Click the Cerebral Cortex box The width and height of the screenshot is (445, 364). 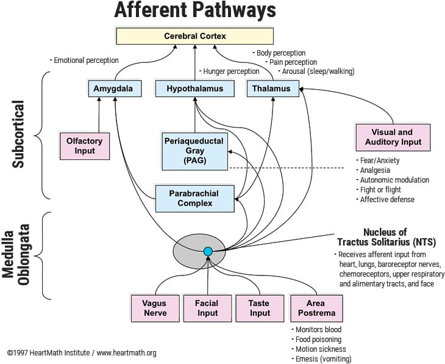pyautogui.click(x=194, y=36)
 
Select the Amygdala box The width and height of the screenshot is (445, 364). pyautogui.click(x=115, y=89)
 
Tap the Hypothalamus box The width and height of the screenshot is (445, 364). pyautogui.click(x=194, y=89)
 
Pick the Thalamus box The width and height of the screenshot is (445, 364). pyautogui.click(x=272, y=89)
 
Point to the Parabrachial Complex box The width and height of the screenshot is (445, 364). pyautogui.click(x=194, y=198)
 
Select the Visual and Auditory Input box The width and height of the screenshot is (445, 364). pyautogui.click(x=393, y=137)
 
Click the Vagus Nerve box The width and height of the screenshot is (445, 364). pyautogui.click(x=154, y=308)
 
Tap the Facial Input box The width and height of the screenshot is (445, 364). pyautogui.click(x=207, y=308)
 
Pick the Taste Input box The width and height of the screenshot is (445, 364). pyautogui.click(x=260, y=308)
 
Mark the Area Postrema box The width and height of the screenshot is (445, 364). pyautogui.click(x=316, y=308)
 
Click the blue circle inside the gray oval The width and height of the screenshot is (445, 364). pyautogui.click(x=208, y=251)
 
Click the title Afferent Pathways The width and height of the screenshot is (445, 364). pyautogui.click(x=195, y=10)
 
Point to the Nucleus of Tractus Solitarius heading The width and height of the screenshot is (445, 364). pyautogui.click(x=385, y=237)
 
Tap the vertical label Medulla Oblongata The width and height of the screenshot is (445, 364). pyautogui.click(x=17, y=254)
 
